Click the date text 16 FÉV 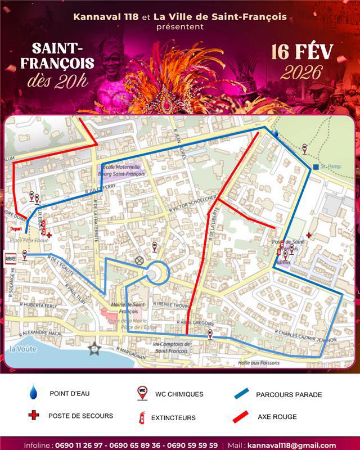pos(301,51)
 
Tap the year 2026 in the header pos(301,73)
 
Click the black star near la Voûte pos(94,349)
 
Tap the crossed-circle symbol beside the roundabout pos(139,260)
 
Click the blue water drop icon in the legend pos(34,391)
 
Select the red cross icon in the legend pos(34,416)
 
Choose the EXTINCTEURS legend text pos(175,417)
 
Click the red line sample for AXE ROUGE pos(240,417)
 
